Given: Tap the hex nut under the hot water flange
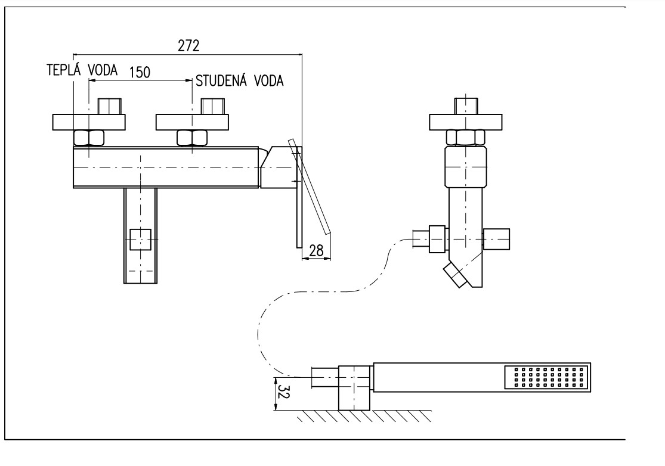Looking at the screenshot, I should click(x=88, y=138).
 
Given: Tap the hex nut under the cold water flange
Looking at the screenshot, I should click(x=192, y=138).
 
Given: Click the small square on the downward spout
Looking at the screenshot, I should click(x=141, y=240).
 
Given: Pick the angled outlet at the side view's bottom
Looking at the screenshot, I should click(x=456, y=276).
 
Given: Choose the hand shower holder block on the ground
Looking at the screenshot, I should click(x=354, y=388).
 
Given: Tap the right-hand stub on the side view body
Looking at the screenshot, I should click(x=497, y=239).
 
